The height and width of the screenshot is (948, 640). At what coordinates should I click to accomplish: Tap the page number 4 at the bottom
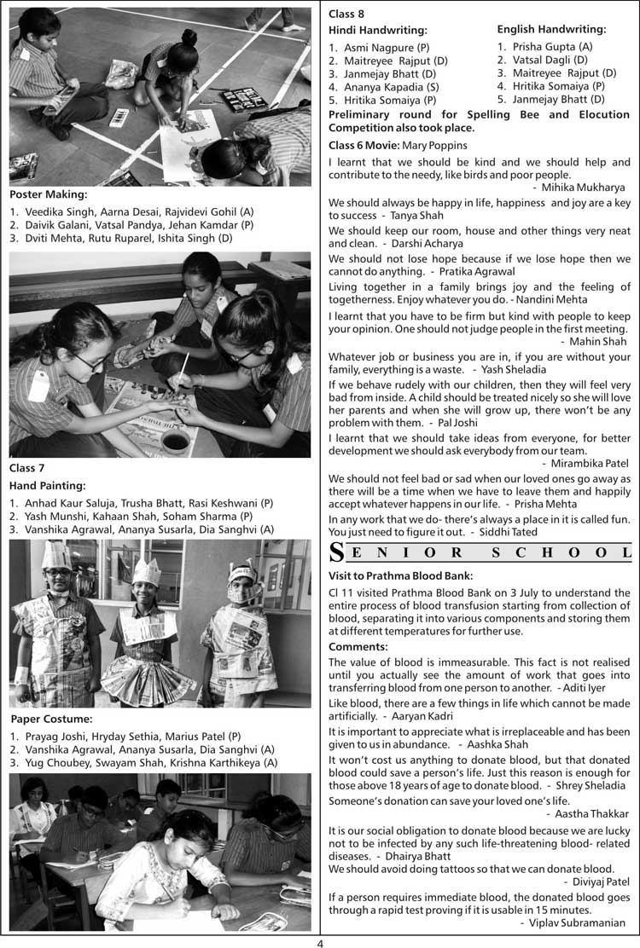[320, 943]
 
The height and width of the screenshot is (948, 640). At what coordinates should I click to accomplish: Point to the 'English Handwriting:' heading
[551, 30]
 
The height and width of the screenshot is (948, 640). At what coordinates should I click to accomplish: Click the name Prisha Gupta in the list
[539, 46]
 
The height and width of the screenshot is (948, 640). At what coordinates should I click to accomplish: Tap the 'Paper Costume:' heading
[50, 719]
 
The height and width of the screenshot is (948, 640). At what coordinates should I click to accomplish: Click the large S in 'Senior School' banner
[337, 552]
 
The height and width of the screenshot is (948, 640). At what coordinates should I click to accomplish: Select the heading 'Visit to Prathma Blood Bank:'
[400, 575]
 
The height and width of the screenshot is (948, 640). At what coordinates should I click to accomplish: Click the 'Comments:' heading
[358, 647]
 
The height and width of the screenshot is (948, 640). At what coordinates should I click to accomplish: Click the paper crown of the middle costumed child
[146, 570]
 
